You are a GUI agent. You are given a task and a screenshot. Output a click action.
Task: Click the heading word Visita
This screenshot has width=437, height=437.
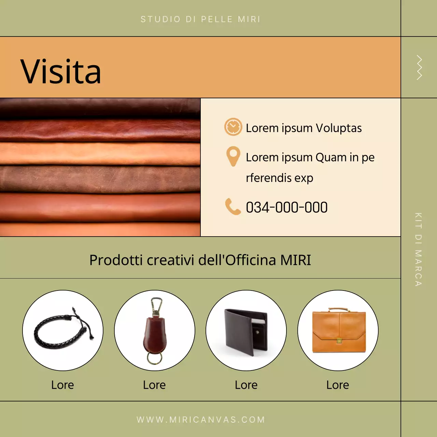point(60,71)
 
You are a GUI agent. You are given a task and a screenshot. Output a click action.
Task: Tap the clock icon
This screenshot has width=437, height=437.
point(233,127)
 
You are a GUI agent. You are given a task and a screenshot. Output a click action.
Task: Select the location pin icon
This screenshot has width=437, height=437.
point(233,156)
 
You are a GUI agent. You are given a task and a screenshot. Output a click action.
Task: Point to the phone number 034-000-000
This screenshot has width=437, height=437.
point(287,207)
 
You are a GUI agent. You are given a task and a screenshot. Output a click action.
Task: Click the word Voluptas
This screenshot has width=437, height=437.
point(339,128)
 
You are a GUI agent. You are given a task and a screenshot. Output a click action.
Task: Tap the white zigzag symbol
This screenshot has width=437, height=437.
point(419,68)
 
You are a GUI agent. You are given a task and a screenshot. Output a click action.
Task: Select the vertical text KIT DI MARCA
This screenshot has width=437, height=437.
point(419,249)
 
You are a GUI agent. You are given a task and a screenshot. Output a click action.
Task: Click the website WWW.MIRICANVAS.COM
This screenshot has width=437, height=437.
point(201,420)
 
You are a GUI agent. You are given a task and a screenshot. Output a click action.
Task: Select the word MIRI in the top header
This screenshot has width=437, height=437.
point(249,19)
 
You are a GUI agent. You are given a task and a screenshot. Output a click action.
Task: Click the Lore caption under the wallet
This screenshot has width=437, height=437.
point(246,385)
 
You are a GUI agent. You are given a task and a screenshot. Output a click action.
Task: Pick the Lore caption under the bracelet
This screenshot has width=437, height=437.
point(62,385)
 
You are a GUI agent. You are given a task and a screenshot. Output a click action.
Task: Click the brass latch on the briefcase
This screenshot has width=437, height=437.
point(339,340)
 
